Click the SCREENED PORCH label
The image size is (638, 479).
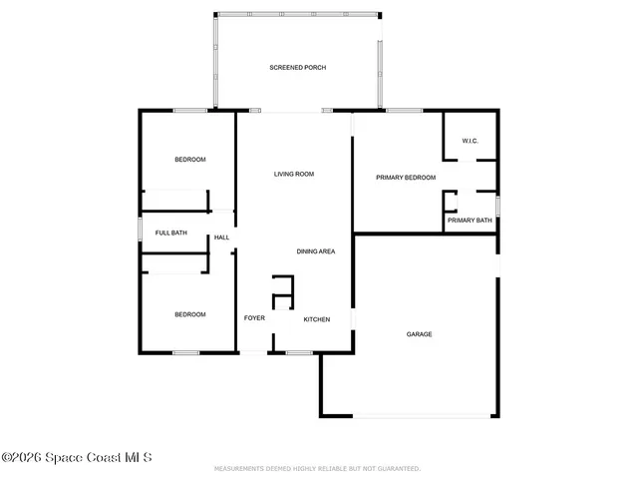(x=297, y=68)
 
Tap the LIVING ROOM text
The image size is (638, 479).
(x=294, y=175)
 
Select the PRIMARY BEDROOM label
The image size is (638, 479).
(x=406, y=178)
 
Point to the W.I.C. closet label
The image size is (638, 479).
(x=471, y=141)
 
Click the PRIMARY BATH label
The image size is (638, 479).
(x=469, y=221)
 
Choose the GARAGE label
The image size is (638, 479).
(x=419, y=334)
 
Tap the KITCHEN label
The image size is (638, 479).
(x=317, y=319)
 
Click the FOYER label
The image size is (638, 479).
(x=254, y=318)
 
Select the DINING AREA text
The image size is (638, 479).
(x=315, y=251)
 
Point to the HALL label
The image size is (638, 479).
(x=221, y=238)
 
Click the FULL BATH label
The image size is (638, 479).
(x=170, y=234)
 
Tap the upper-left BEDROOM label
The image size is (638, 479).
(x=189, y=160)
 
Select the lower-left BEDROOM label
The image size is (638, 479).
(x=189, y=314)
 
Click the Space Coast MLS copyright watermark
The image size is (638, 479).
(x=76, y=458)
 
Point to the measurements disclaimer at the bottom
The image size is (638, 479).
(x=317, y=468)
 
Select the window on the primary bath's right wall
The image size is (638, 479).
(x=497, y=206)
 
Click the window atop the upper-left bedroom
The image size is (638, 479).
(x=189, y=110)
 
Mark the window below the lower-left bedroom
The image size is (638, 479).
(x=185, y=352)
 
